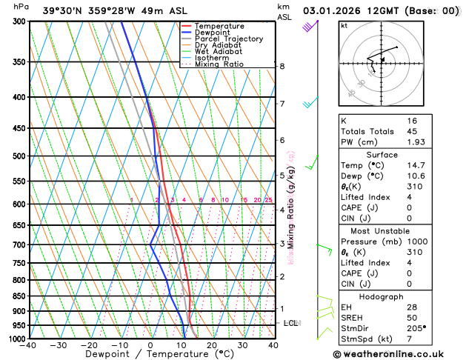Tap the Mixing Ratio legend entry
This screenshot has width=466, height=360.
point(219,64)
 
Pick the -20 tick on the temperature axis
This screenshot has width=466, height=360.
point(89,345)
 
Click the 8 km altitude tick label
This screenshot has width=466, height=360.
point(282,67)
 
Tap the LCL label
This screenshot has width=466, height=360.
point(291,324)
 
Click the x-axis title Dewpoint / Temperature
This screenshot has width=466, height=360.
point(150,354)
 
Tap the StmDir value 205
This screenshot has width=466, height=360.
point(416,327)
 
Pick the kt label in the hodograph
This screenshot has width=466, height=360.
point(344,25)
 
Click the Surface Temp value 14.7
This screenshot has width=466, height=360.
point(415,165)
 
